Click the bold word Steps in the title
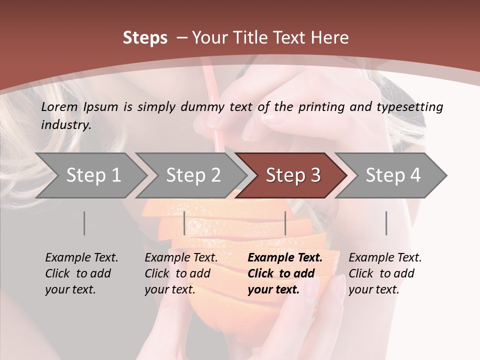click(145, 38)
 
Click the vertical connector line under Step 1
click(84, 223)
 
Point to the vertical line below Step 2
click(184, 223)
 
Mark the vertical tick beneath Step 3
click(285, 223)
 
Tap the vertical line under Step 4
click(386, 223)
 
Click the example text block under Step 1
click(81, 273)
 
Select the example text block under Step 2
click(181, 273)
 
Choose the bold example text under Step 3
click(285, 273)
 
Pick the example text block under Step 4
click(385, 273)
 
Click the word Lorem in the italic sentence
click(59, 106)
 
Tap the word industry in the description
click(66, 124)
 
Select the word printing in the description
click(318, 107)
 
